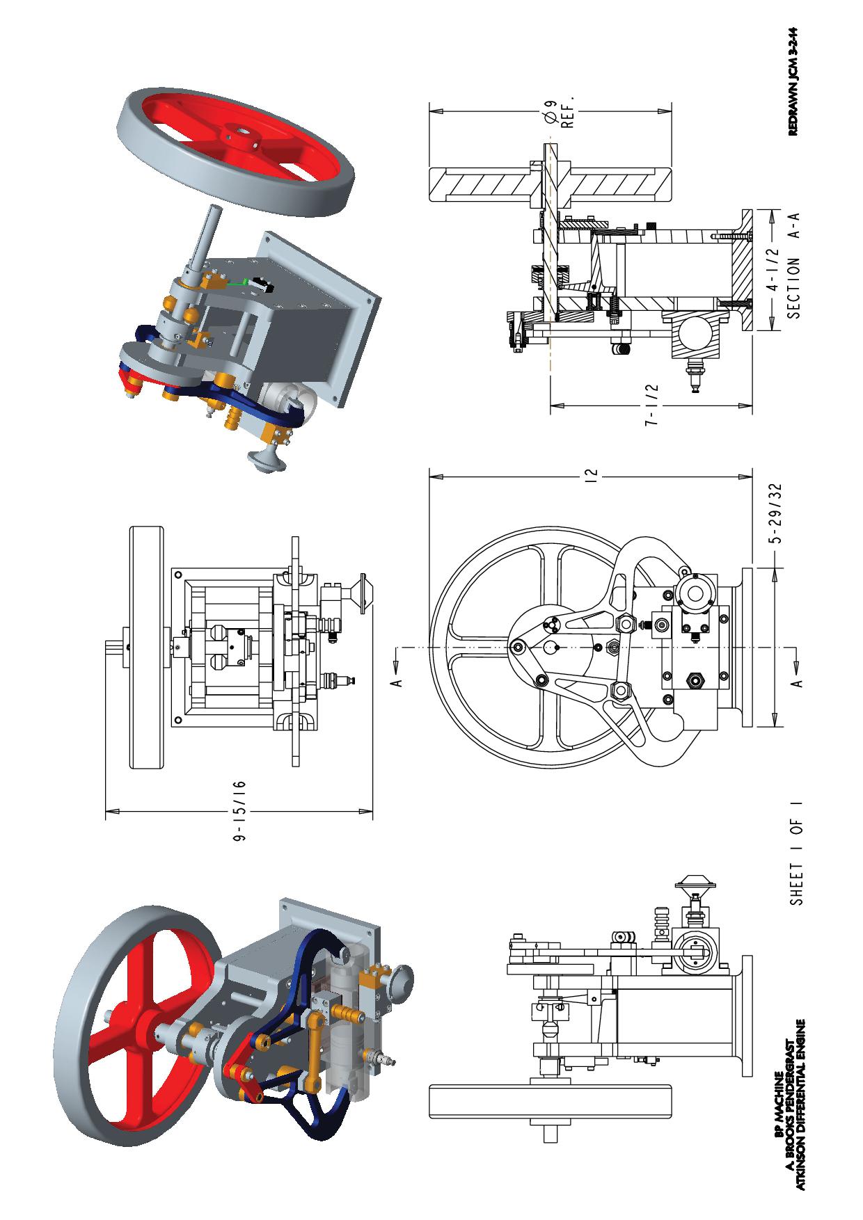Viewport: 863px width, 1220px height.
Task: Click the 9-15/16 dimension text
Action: click(240, 812)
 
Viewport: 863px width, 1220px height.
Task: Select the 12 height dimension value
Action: click(591, 476)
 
